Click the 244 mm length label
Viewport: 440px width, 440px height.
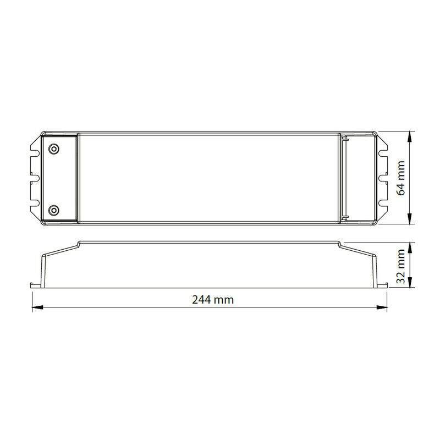pyautogui.click(x=213, y=300)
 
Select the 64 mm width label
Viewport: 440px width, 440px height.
pyautogui.click(x=400, y=178)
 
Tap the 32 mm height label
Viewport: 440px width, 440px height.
pyautogui.click(x=400, y=266)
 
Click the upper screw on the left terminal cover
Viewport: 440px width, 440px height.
pyautogui.click(x=53, y=148)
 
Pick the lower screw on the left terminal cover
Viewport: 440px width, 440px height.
pyautogui.click(x=53, y=210)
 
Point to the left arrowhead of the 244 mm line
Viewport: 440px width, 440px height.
pyautogui.click(x=37, y=307)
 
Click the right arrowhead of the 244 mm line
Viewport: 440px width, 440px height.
pyautogui.click(x=382, y=307)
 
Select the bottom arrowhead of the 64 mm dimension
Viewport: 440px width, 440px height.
pyautogui.click(x=410, y=219)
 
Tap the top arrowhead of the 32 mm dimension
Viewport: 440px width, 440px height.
pyautogui.click(x=410, y=248)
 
